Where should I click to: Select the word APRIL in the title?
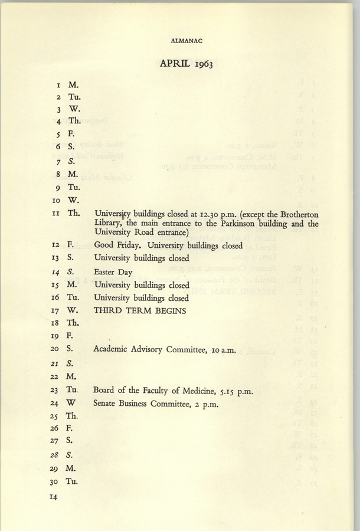click(x=174, y=64)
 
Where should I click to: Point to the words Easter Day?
click(x=113, y=273)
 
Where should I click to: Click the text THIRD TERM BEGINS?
click(x=139, y=311)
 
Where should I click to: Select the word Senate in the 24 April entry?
click(x=107, y=404)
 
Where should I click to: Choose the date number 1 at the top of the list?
click(x=57, y=85)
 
